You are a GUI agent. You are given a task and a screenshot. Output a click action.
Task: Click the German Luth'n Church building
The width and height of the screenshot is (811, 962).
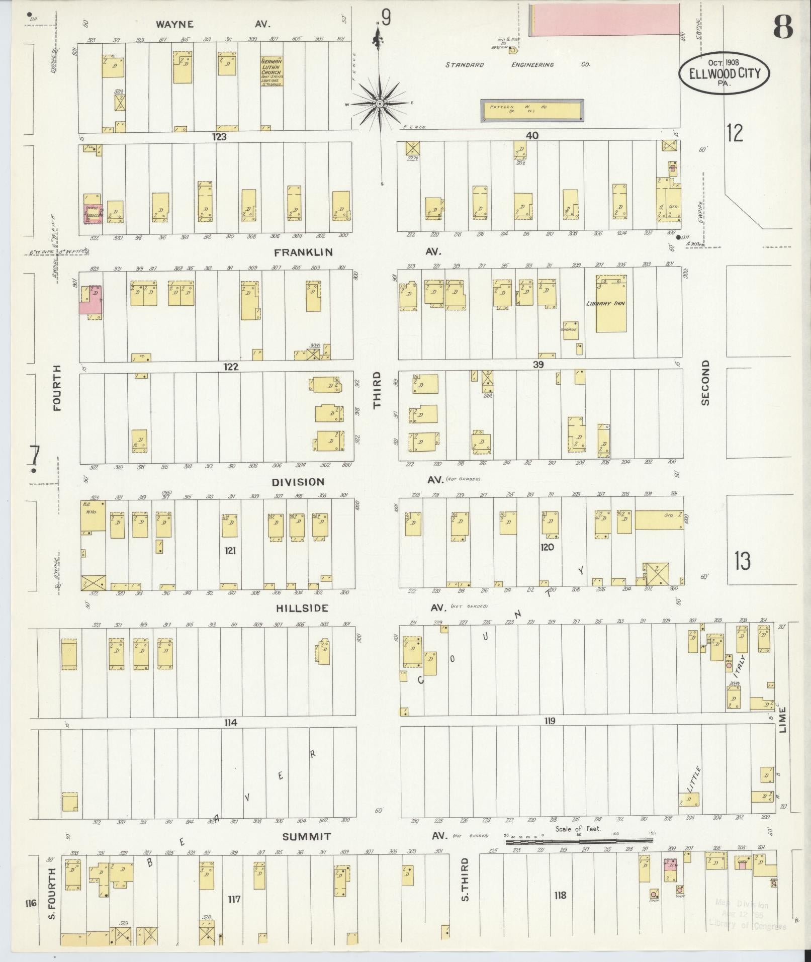click(272, 71)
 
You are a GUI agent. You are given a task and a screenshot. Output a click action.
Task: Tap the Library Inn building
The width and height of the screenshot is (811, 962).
click(611, 303)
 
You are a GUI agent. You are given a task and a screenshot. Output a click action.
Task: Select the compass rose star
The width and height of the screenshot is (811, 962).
click(380, 104)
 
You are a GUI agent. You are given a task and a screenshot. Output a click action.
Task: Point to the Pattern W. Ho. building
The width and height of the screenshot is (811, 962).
click(531, 110)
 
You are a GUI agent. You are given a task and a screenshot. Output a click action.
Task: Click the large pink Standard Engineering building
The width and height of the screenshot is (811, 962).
click(603, 20)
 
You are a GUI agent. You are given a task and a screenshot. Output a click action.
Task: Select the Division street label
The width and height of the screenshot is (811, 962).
click(298, 482)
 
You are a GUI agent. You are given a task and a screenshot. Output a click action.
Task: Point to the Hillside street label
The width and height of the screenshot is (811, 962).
click(302, 608)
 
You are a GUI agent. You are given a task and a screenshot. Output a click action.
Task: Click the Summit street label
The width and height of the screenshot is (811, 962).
click(306, 837)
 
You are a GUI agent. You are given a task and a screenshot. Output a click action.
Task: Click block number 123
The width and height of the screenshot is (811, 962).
click(219, 136)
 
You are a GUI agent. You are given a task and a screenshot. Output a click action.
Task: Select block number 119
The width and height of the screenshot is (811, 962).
click(549, 721)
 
